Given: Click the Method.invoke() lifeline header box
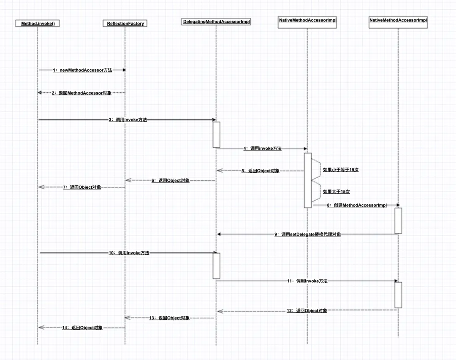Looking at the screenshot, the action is pos(38,24).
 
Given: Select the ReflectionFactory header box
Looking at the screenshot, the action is pos(125,24).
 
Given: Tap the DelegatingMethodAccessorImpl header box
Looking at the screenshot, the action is pos(217,22).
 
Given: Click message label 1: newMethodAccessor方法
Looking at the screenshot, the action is pos(82,70).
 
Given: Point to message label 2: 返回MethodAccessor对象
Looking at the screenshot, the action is pos(81,93).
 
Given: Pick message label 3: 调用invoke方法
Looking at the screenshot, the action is pos(128,120).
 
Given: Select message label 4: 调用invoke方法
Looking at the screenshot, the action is pos(262,149).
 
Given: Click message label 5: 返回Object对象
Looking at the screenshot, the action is pos(260,171).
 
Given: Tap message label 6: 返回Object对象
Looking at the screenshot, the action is pos(170,181).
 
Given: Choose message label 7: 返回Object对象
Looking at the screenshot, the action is pos(82,187).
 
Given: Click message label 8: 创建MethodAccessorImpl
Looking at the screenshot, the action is pos(356,206).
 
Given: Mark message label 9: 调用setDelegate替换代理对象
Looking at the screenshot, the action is pos(307,234).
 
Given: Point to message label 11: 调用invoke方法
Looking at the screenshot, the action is pos(307,281).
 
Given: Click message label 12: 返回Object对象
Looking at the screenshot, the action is pos(307,311).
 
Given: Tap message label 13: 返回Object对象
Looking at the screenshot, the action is pos(169,318).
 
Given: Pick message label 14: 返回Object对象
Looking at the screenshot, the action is pos(82,328).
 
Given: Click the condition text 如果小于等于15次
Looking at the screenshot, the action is pos(341,170).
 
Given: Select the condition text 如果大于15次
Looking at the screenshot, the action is pos(336,192).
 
